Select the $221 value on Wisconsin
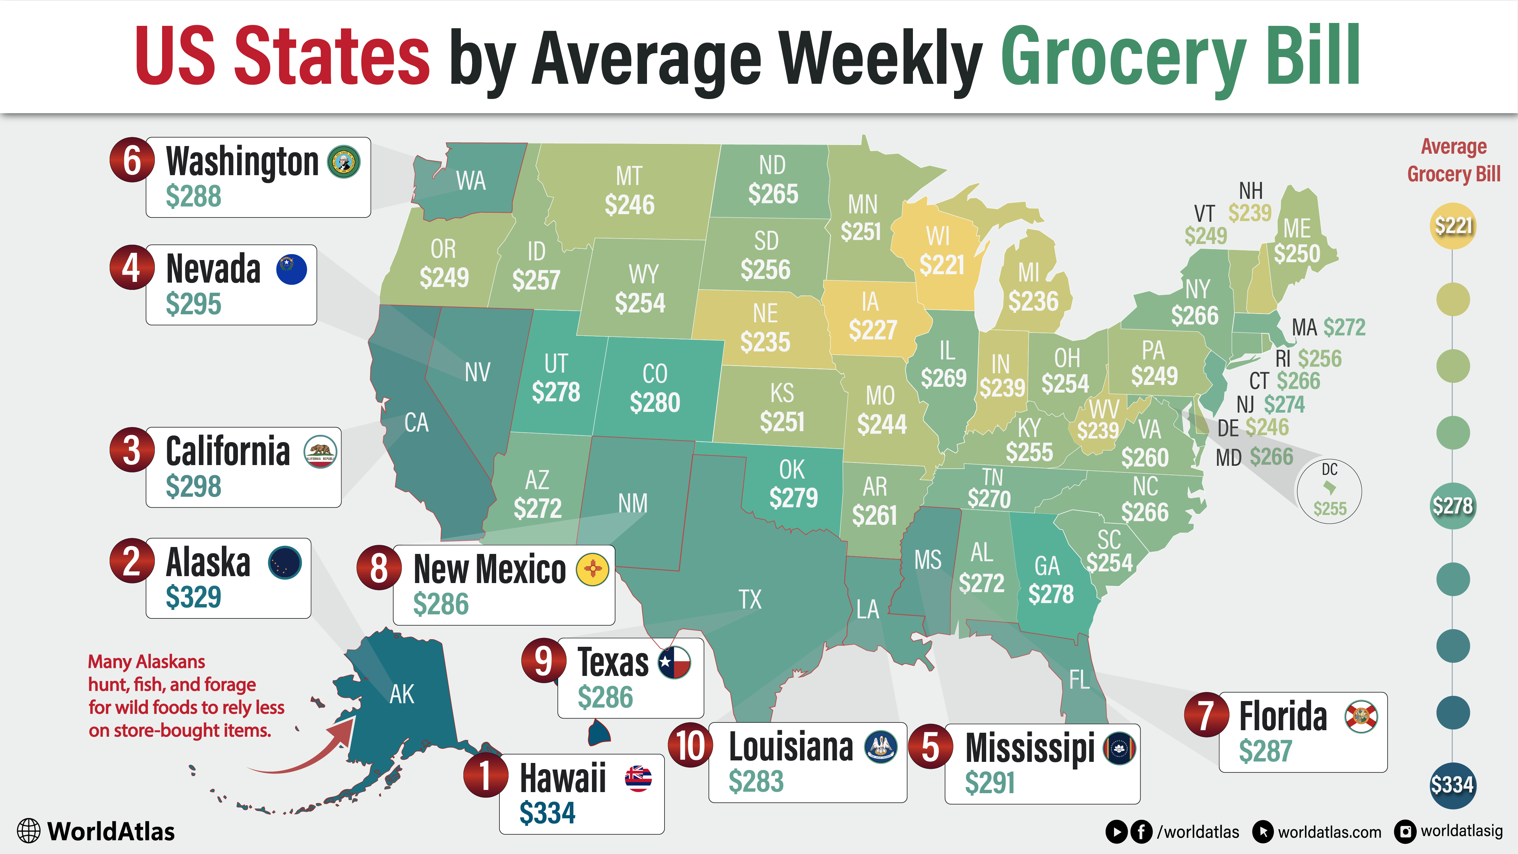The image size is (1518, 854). pos(942,265)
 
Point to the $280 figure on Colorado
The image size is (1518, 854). pos(655,403)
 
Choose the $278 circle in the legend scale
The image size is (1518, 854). pos(1452,506)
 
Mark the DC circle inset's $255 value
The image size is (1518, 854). pos(1330,508)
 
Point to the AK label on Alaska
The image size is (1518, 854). pos(402,694)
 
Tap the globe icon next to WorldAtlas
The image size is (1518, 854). pos(28,831)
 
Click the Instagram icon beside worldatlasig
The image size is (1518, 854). pos(1405,831)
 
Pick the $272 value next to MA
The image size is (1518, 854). pos(1344,327)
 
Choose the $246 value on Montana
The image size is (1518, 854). pos(629,205)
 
